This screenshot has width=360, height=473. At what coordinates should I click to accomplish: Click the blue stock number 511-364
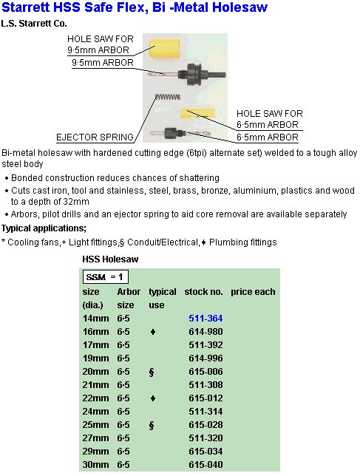coord(206,319)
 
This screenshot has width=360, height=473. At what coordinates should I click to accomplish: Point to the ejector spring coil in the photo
coord(168,97)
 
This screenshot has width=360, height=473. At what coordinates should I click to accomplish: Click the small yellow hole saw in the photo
coord(197,113)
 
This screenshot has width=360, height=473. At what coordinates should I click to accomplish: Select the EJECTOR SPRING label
coord(95,137)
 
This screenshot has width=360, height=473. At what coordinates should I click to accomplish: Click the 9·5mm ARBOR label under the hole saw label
coord(103,62)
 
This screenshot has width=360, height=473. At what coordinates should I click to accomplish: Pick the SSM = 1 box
coord(106,277)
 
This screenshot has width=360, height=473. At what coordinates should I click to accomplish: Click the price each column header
coord(253,292)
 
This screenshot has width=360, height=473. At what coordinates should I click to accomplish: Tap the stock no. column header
coord(203,292)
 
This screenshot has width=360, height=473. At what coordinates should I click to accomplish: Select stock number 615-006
coord(206,371)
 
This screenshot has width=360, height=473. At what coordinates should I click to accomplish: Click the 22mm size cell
coord(95,398)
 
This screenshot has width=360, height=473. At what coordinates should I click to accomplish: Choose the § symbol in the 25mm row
coord(152,425)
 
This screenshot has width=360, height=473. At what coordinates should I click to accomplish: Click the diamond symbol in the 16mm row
coord(153,332)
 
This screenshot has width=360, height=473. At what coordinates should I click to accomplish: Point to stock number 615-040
coord(206,465)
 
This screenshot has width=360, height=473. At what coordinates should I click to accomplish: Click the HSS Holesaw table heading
coord(110,259)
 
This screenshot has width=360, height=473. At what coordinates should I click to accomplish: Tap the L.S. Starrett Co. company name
coord(34,24)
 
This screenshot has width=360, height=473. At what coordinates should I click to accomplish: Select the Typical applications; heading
coord(44,228)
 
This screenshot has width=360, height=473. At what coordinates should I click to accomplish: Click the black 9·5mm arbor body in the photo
coord(197,74)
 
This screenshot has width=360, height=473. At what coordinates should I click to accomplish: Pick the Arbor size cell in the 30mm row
coord(123,465)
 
